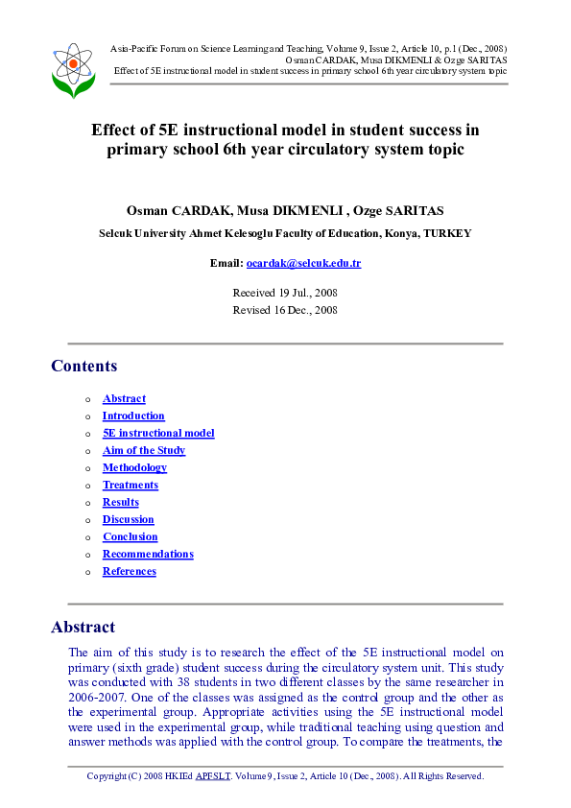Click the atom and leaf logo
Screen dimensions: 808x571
click(x=73, y=69)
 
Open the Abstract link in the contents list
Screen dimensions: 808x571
click(x=124, y=398)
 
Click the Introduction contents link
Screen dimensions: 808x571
click(x=133, y=416)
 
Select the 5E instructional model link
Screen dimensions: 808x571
click(x=158, y=433)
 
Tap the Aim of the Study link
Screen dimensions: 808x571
click(x=144, y=450)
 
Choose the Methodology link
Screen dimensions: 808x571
click(x=134, y=467)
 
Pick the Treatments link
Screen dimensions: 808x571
click(x=131, y=485)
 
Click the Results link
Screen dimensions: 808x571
click(x=121, y=502)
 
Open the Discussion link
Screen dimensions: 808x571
click(x=128, y=519)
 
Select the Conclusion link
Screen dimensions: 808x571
click(x=130, y=536)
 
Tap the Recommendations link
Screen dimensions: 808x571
click(x=148, y=554)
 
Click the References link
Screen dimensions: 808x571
click(x=129, y=571)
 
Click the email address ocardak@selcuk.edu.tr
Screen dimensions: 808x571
click(x=303, y=263)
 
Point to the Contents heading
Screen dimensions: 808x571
click(x=84, y=366)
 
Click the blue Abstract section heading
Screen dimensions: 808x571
click(x=83, y=627)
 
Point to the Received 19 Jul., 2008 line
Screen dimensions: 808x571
click(x=285, y=292)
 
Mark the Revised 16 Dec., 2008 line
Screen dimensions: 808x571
click(x=285, y=309)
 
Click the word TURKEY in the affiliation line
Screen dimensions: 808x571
click(x=447, y=233)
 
